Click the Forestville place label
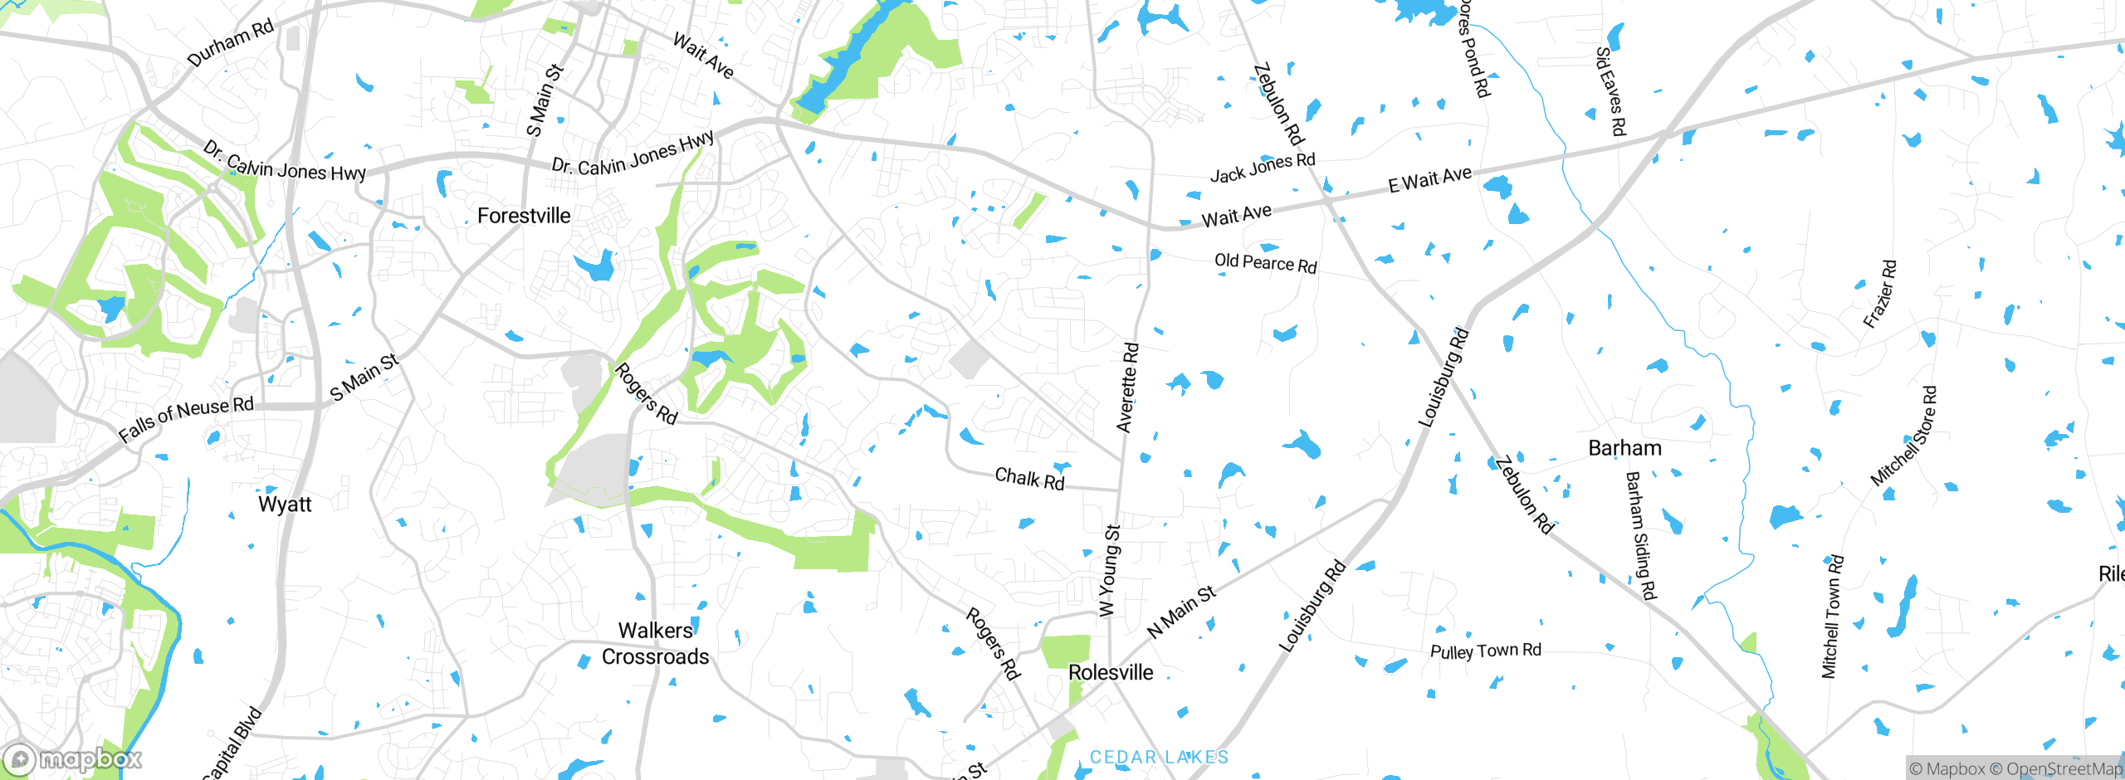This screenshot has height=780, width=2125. [x=524, y=216]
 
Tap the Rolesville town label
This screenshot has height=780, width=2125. [x=1111, y=672]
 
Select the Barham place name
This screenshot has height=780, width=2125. [x=1624, y=448]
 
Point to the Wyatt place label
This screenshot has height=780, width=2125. [x=285, y=505]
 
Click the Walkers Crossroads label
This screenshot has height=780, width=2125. [x=656, y=644]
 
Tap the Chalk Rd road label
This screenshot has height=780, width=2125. [x=1029, y=479]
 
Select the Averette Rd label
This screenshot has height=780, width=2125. [x=1128, y=388]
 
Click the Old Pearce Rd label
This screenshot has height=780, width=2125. [x=1265, y=263]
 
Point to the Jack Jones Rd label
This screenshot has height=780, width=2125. [x=1263, y=168]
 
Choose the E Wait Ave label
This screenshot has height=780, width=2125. [x=1429, y=179]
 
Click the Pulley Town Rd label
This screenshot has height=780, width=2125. [x=1485, y=651]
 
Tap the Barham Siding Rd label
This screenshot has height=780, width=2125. [x=1640, y=535]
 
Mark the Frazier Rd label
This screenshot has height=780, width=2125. [x=1880, y=295]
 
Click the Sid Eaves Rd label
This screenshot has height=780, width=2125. [x=1610, y=91]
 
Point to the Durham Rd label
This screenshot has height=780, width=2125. [x=230, y=43]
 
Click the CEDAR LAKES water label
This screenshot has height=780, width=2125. [x=1159, y=757]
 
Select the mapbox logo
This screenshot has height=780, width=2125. [x=73, y=759]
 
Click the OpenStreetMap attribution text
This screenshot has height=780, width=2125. [x=2064, y=769]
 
